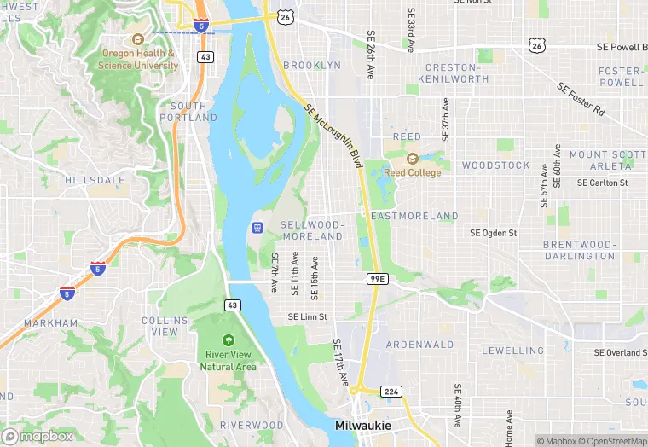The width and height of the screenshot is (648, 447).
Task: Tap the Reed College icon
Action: coord(413,158)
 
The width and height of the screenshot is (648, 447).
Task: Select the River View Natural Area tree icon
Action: coord(228,340)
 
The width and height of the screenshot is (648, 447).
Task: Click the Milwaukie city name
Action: coord(362,425)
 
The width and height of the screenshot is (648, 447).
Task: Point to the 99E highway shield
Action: coord(378,279)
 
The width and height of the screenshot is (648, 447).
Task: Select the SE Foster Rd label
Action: coord(581,99)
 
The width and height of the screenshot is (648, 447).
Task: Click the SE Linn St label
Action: coord(307,316)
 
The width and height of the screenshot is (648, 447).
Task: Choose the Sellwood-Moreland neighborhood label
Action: coord(312,229)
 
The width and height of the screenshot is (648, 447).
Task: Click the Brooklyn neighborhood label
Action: coord(311,65)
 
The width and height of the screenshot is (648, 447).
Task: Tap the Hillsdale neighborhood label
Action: coord(95,181)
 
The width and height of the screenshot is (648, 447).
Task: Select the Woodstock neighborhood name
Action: coord(496,165)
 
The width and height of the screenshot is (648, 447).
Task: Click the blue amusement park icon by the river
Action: coord(255,228)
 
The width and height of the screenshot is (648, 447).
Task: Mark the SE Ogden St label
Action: coord(494,233)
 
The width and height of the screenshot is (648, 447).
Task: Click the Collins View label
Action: coord(159,326)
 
